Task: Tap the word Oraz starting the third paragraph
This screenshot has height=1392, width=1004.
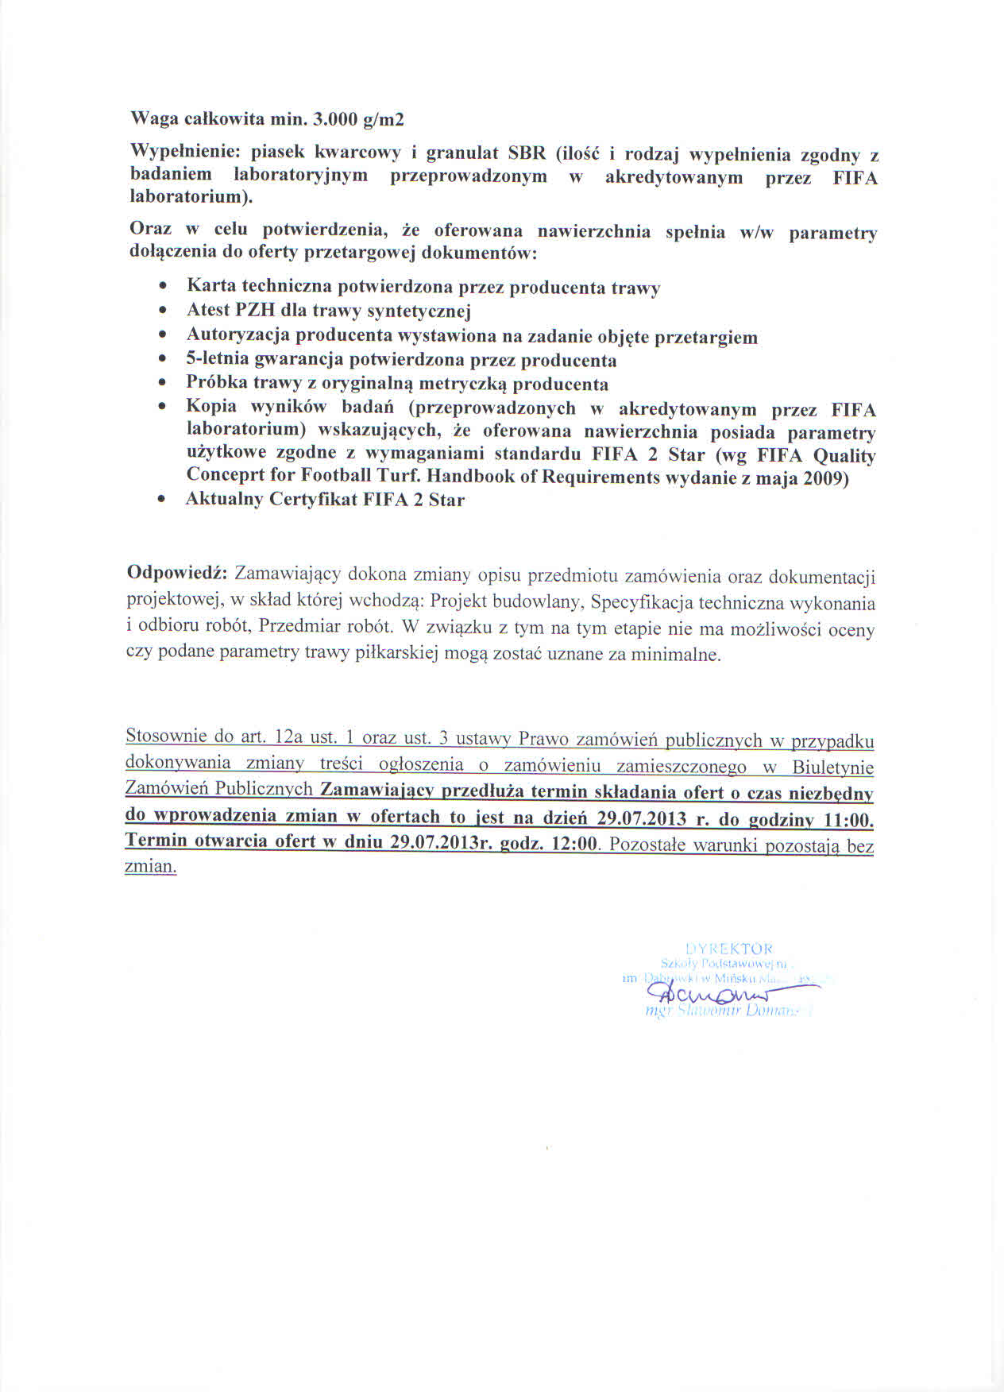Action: pyautogui.click(x=149, y=229)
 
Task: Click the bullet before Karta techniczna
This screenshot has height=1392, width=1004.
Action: pyautogui.click(x=163, y=284)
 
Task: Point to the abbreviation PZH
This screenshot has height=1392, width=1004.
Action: pyautogui.click(x=253, y=311)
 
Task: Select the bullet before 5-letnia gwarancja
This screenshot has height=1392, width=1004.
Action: pyautogui.click(x=163, y=358)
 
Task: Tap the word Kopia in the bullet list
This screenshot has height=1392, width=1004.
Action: pyautogui.click(x=211, y=406)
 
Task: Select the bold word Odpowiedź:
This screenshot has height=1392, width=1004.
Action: pyautogui.click(x=178, y=574)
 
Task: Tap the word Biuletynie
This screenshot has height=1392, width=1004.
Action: pyautogui.click(x=832, y=767)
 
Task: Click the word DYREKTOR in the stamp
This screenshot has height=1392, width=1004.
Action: pyautogui.click(x=728, y=949)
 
